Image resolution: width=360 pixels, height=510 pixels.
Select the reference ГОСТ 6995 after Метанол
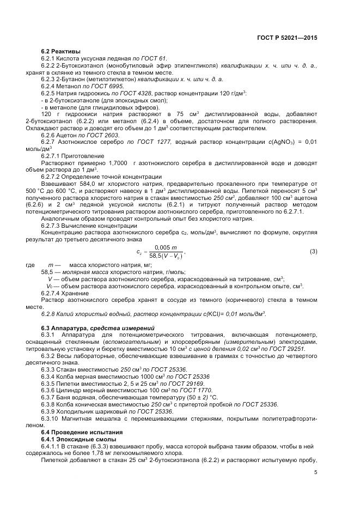pyautogui.click(x=109, y=86)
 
